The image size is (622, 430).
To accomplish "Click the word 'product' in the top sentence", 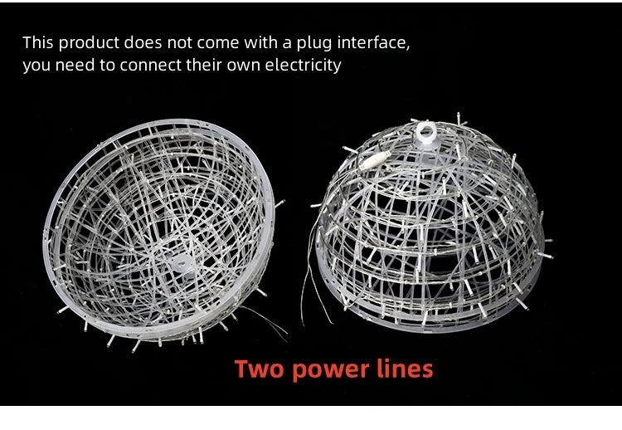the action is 89,43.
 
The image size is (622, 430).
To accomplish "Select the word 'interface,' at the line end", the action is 374,43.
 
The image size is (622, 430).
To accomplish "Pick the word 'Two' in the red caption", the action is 260,369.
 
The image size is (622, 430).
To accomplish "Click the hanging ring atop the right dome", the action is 426,131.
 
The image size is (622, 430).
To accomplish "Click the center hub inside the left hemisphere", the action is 182,264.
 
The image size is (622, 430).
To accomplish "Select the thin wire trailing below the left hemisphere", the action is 264,320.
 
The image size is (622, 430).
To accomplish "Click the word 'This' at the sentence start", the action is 38,43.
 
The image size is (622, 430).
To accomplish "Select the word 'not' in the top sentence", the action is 179,43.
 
